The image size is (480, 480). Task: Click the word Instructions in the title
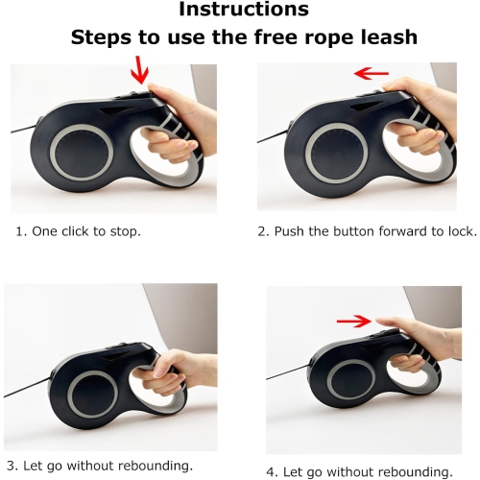245,11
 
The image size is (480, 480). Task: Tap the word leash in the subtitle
389,37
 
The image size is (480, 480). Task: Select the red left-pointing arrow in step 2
372,73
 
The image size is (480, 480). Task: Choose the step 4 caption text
358,470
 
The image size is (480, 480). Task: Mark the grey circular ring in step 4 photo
350,393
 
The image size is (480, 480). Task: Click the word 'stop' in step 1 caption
129,231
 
